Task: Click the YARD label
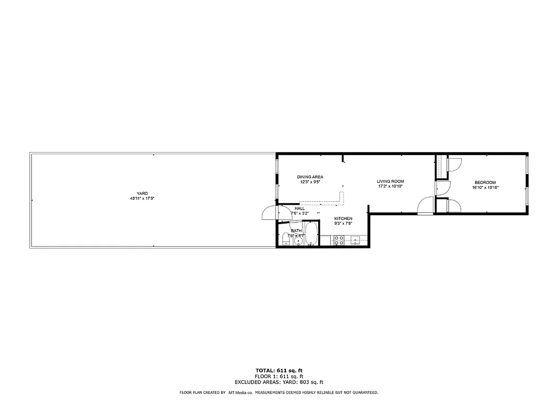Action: point(142,193)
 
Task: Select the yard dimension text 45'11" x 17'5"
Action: point(142,199)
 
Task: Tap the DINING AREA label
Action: point(310,177)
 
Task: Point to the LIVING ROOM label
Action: point(390,181)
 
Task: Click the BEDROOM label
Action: point(485,182)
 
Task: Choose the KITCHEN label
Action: point(343,218)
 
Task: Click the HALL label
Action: point(299,208)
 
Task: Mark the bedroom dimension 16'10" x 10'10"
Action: point(485,187)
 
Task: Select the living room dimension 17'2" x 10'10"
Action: point(390,187)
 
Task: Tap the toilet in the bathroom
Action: point(285,239)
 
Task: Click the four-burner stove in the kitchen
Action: point(339,240)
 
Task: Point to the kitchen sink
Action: point(356,241)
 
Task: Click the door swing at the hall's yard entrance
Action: point(269,214)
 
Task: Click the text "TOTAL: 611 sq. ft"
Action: point(279,370)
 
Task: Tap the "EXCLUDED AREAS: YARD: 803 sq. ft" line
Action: point(279,382)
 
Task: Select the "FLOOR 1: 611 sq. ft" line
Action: point(279,376)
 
